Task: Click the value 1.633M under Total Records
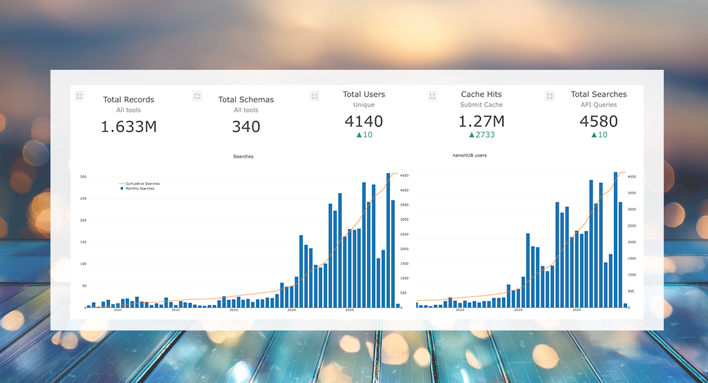pos(129,127)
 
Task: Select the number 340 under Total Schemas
pos(246,127)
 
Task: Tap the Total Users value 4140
pos(364,122)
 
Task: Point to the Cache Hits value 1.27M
pos(481,122)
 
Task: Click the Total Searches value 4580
pos(599,122)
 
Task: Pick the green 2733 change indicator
pos(481,135)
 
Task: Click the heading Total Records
pos(129,100)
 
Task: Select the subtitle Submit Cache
pos(481,105)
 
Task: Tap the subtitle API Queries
pos(599,105)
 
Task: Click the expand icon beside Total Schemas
pos(197,96)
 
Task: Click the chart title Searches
pos(243,156)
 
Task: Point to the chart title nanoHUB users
pos(469,156)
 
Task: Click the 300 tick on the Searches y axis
pos(83,177)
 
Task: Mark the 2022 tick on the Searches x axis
pos(176,310)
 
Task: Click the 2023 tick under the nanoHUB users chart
pos(460,310)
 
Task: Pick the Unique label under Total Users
pos(364,105)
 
